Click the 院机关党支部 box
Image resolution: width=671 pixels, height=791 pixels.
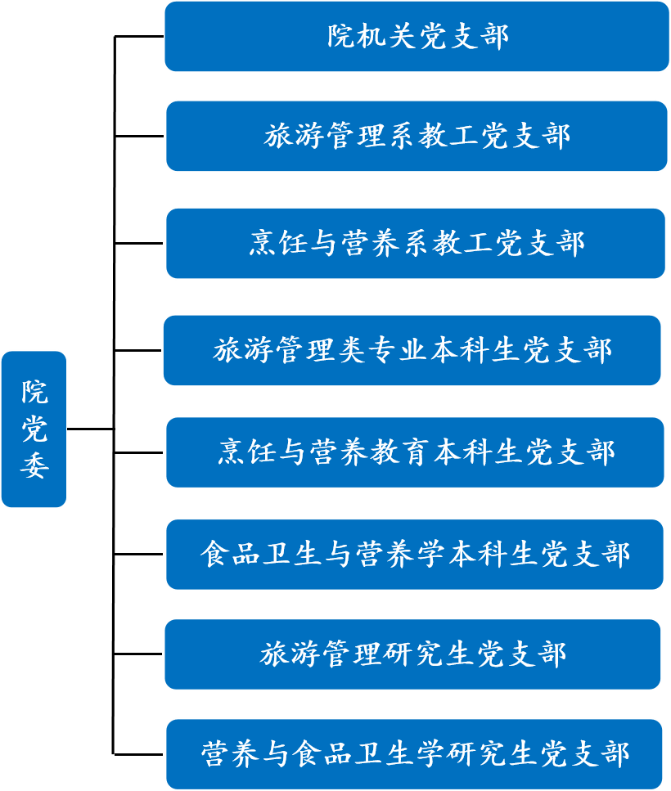[x=417, y=37]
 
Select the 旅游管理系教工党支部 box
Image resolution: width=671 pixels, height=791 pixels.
[x=417, y=136]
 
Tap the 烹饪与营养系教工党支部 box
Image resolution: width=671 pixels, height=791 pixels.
[x=417, y=243]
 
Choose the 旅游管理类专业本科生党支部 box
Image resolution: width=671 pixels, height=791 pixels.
[x=412, y=350]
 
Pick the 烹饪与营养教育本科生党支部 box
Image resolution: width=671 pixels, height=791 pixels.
[x=415, y=452]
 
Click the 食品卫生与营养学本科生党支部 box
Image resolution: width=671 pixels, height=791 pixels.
[x=415, y=555]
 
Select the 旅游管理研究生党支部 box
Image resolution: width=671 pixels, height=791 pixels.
[x=412, y=654]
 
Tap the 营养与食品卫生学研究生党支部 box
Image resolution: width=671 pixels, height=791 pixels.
[x=414, y=754]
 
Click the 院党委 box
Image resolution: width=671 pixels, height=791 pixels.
[x=34, y=429]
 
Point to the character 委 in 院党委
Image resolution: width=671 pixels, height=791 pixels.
[x=34, y=465]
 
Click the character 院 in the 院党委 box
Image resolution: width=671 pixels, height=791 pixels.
[x=34, y=393]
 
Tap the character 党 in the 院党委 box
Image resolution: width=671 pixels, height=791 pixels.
[x=34, y=429]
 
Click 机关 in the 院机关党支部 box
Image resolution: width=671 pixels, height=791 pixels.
[x=373, y=37]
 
